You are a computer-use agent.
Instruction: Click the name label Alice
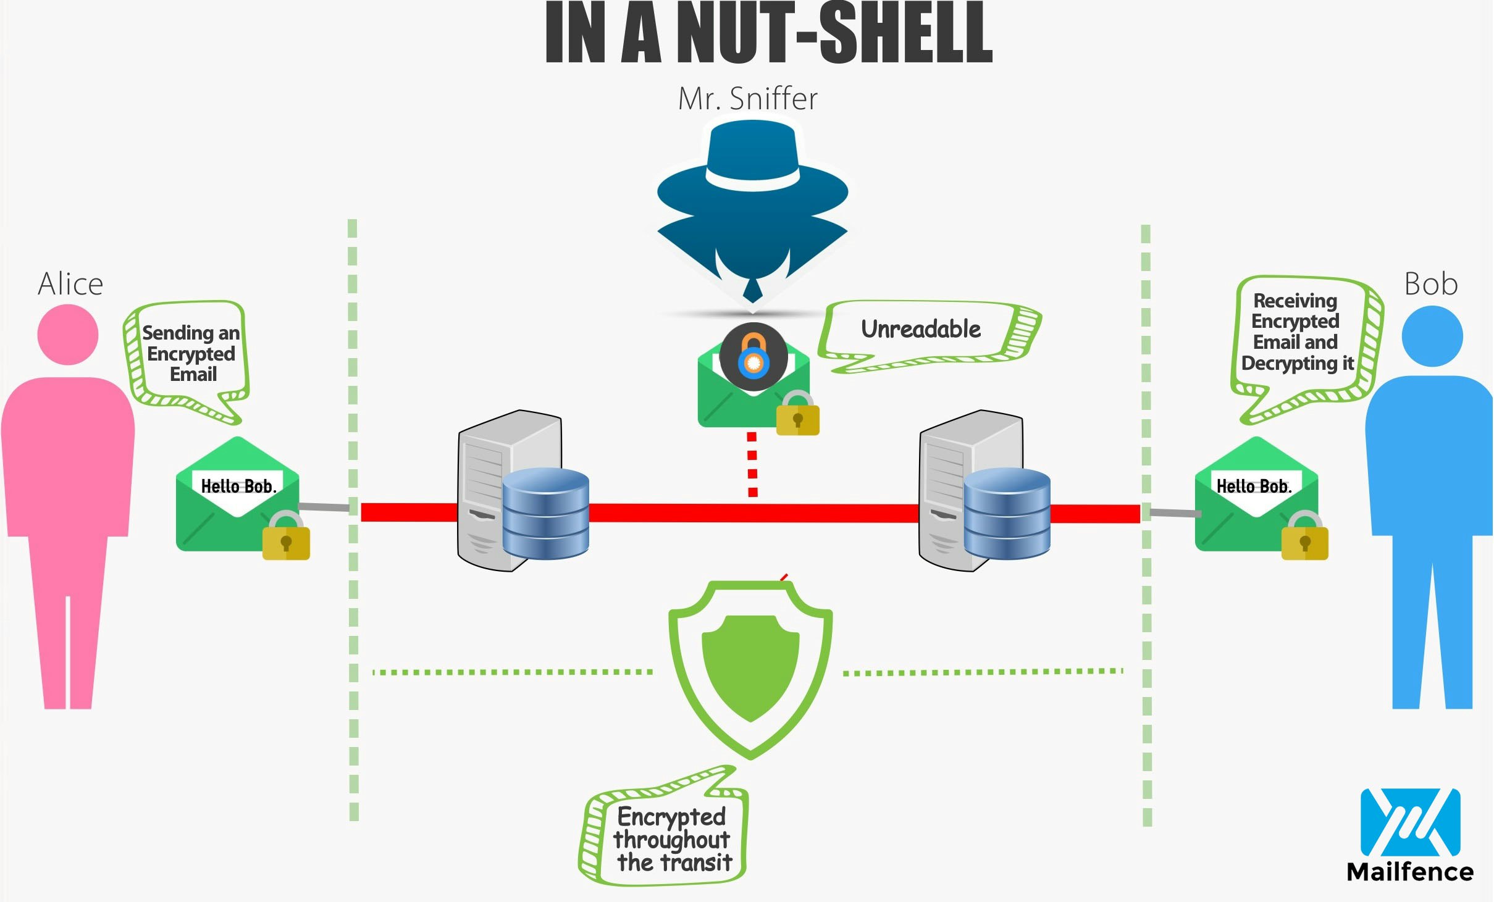(x=70, y=285)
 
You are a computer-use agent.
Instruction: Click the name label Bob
(x=1430, y=285)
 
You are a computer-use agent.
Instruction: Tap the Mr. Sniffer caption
(x=747, y=99)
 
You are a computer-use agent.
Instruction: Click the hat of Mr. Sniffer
(x=752, y=167)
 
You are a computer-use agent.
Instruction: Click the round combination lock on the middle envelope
(x=753, y=356)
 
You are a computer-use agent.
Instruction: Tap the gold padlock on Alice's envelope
(x=286, y=540)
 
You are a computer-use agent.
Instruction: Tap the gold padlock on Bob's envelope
(x=1304, y=540)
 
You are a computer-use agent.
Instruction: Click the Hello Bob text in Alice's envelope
(x=238, y=486)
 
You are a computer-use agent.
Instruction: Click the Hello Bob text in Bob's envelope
(x=1254, y=486)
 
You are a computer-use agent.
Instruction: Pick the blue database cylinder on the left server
(x=545, y=514)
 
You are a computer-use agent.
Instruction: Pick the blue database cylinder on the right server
(x=1007, y=514)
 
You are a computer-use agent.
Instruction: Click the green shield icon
(x=751, y=667)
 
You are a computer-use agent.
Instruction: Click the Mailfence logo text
(x=1409, y=872)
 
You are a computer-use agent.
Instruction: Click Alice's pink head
(x=68, y=335)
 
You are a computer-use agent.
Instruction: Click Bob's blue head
(x=1432, y=336)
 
